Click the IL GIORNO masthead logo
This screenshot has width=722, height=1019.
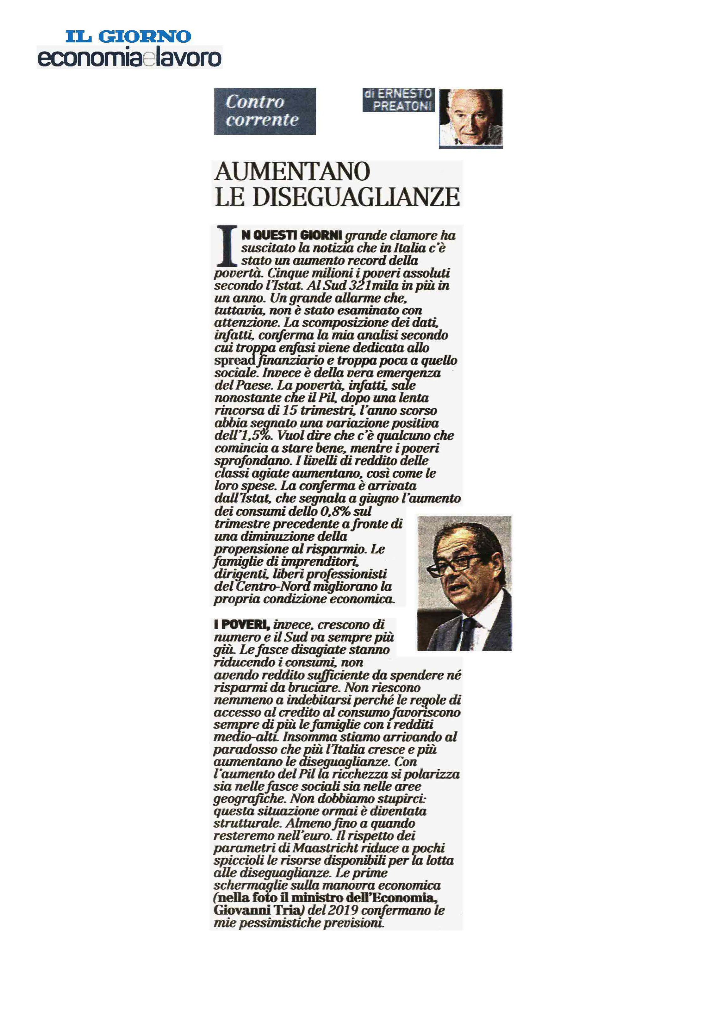[x=128, y=36]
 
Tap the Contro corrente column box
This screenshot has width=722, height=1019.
[x=265, y=111]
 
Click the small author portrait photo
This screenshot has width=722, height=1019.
[x=470, y=118]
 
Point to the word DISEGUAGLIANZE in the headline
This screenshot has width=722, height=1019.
[x=356, y=197]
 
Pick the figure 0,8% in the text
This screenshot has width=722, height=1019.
[x=335, y=511]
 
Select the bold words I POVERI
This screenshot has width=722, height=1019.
[x=241, y=624]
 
